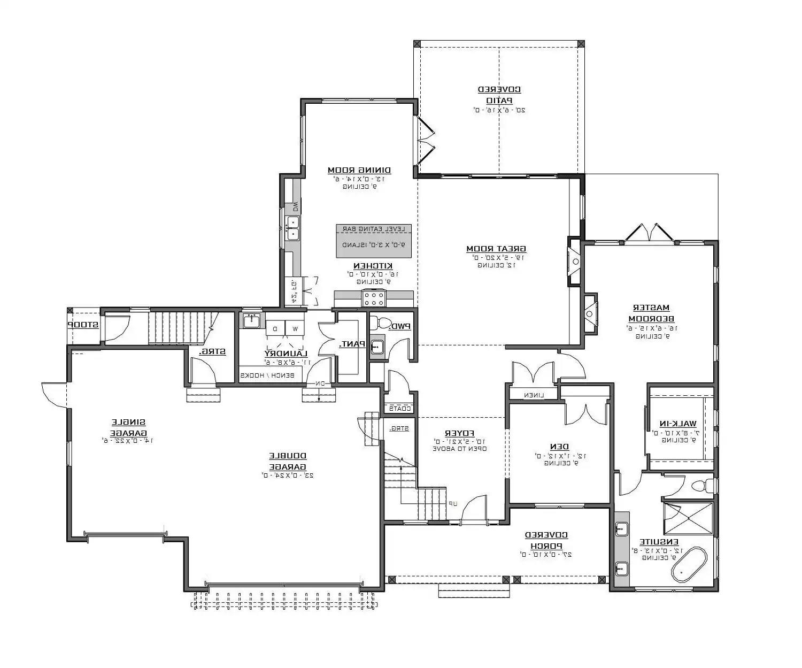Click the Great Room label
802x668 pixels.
click(x=496, y=249)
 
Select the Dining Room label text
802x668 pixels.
click(x=359, y=171)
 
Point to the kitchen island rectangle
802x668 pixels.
click(x=374, y=241)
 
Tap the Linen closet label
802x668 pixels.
click(x=534, y=395)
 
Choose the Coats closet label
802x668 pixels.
click(x=400, y=409)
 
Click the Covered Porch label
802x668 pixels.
click(x=546, y=540)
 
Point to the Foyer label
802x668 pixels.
click(x=460, y=433)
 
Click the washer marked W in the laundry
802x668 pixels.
click(x=295, y=327)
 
